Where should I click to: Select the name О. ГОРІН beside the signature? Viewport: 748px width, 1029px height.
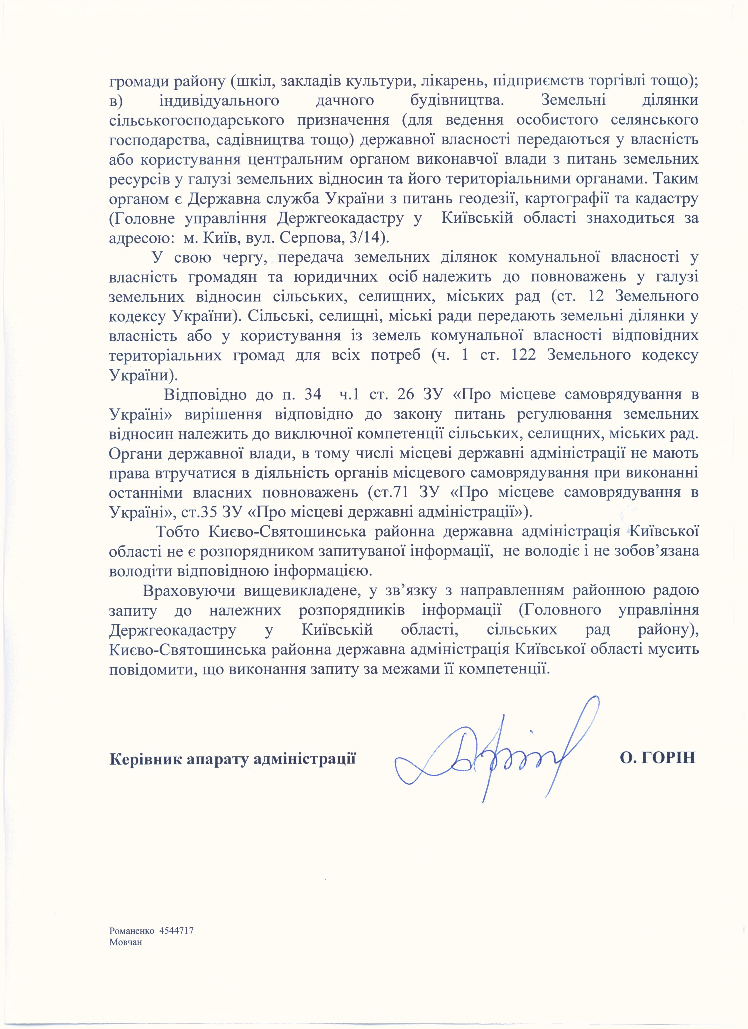point(658,758)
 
